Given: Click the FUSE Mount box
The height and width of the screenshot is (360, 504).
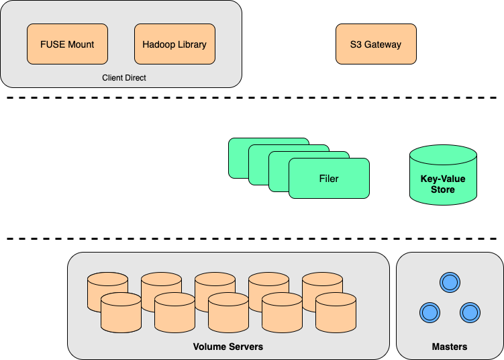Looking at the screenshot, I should click(67, 44).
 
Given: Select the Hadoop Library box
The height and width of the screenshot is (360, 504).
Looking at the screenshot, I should click(174, 44).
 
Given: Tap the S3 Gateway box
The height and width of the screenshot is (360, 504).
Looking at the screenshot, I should click(376, 44).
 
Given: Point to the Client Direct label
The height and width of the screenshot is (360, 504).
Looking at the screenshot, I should click(124, 78).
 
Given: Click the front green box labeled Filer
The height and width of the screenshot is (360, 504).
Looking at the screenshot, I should click(329, 179).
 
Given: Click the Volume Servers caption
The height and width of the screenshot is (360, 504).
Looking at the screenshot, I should click(228, 347).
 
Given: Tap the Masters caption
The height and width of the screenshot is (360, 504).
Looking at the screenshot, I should click(450, 347).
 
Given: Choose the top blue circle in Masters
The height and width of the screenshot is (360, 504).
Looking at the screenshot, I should click(450, 282).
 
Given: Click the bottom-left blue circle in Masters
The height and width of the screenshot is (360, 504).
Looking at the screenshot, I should click(430, 312).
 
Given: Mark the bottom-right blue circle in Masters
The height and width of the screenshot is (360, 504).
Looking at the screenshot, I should click(470, 312).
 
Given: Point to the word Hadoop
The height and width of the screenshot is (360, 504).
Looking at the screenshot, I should click(159, 44).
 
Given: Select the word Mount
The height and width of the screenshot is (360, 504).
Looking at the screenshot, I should click(81, 44).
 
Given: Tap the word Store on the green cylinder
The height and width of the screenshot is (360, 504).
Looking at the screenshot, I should click(443, 190).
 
